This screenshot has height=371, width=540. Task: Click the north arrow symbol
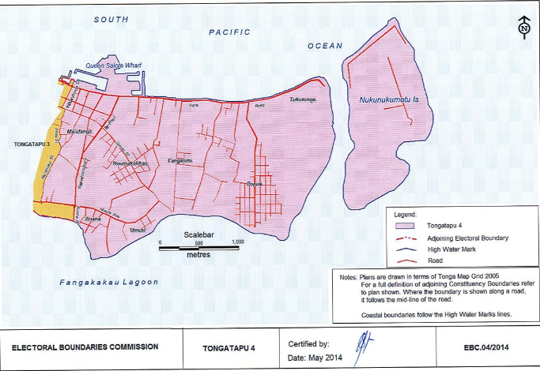coord(523,28)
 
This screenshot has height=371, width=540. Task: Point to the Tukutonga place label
coord(303,100)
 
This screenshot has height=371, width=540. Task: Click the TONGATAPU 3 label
coord(32,145)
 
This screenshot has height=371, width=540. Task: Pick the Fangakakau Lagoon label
coord(109,282)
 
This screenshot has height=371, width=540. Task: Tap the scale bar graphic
coord(198,249)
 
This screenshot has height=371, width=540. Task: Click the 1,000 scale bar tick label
coord(236,242)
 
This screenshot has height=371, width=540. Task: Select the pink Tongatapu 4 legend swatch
coord(405,225)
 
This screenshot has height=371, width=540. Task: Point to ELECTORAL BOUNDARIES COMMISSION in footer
coord(85,347)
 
